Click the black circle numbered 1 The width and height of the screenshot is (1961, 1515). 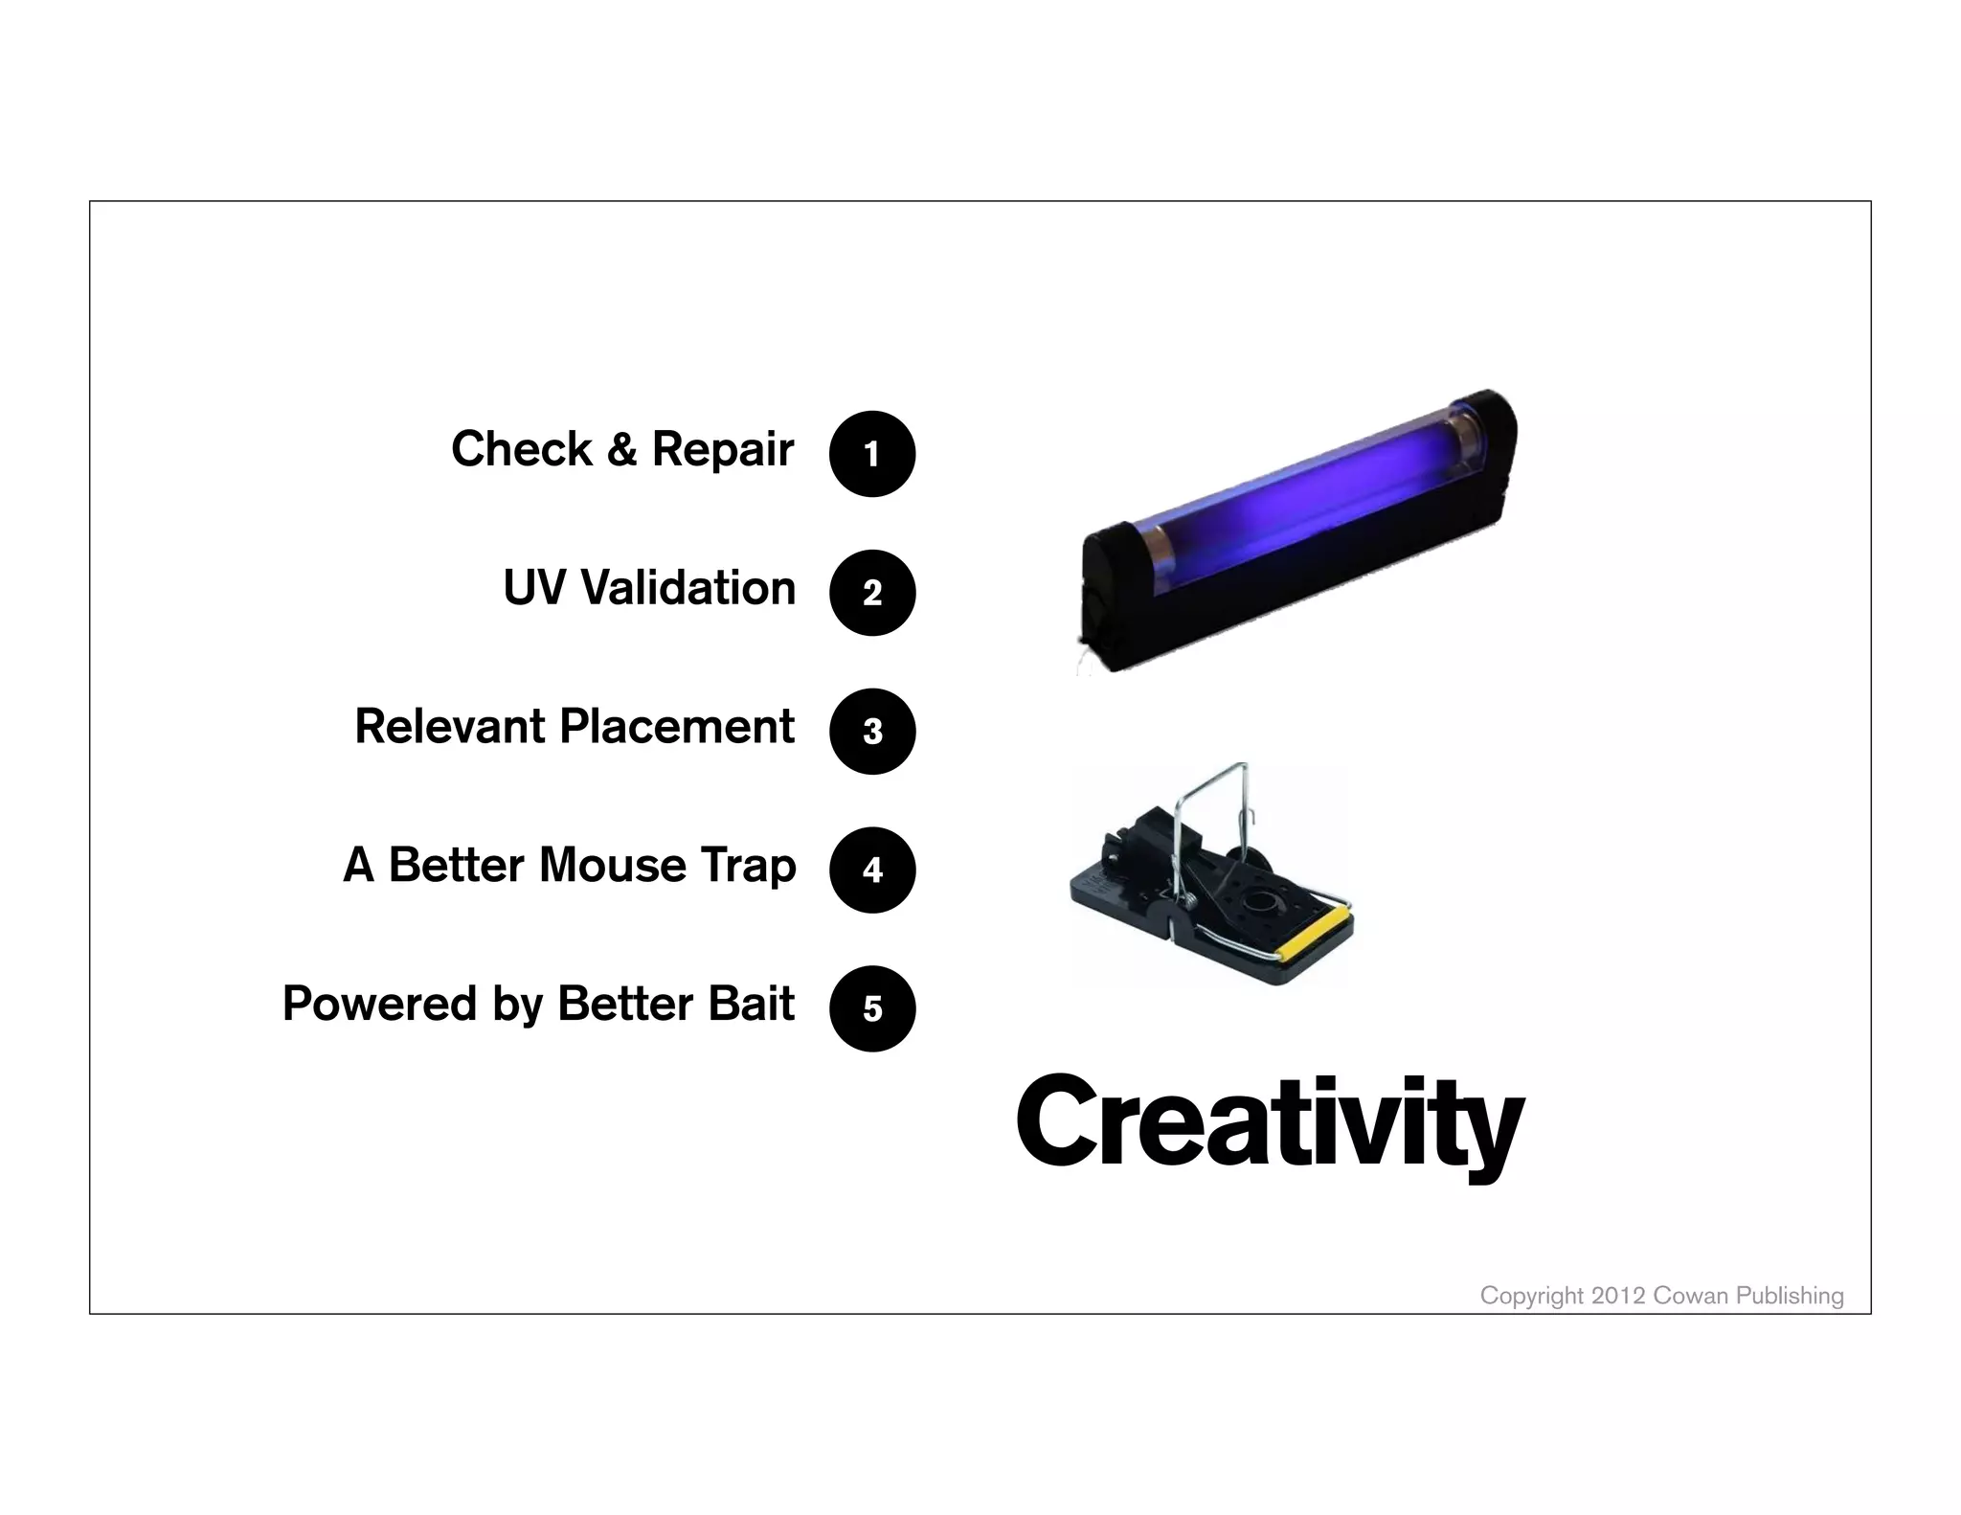click(871, 454)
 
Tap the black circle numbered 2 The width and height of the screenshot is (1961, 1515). click(871, 593)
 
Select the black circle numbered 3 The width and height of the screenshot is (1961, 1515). click(871, 732)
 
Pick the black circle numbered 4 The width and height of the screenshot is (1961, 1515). click(871, 870)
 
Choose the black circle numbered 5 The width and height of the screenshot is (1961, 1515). click(871, 1008)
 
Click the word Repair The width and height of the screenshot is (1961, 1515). click(722, 449)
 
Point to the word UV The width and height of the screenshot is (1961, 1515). click(533, 588)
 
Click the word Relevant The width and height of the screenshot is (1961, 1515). click(449, 726)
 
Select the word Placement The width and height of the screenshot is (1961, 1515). click(676, 726)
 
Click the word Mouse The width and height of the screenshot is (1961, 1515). click(612, 865)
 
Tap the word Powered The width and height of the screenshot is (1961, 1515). click(379, 1004)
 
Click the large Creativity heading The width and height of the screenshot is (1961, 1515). click(1269, 1122)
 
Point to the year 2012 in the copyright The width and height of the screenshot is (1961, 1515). click(1618, 1296)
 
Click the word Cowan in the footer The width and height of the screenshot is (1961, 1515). click(1691, 1296)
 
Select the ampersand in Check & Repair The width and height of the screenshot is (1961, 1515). click(621, 449)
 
